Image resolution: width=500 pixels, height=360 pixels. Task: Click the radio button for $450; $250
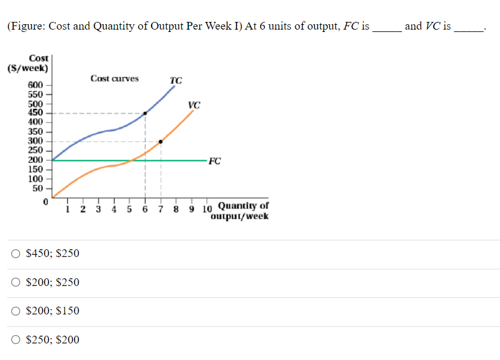[x=15, y=253]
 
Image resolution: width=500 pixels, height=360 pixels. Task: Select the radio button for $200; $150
[x=15, y=311]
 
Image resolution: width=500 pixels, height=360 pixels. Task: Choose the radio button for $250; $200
[x=15, y=340]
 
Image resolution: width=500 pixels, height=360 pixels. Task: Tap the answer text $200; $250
[x=53, y=282]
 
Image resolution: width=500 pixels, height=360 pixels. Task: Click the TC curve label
[x=175, y=81]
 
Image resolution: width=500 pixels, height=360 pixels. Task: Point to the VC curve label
[x=194, y=105]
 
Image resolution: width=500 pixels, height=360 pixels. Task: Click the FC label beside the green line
[x=215, y=160]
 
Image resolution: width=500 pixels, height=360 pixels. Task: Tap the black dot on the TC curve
[x=146, y=112]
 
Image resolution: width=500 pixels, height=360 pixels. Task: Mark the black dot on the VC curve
[x=161, y=142]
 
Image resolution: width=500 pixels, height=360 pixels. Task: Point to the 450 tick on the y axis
[x=36, y=113]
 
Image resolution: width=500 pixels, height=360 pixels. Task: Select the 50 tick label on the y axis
[x=37, y=188]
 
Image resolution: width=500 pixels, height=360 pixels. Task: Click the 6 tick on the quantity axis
[x=145, y=208]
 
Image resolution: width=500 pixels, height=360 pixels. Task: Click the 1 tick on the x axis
[x=69, y=208]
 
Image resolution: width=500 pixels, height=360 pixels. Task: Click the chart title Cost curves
[x=114, y=79]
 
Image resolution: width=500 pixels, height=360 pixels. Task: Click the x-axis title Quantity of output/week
[x=243, y=211]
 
